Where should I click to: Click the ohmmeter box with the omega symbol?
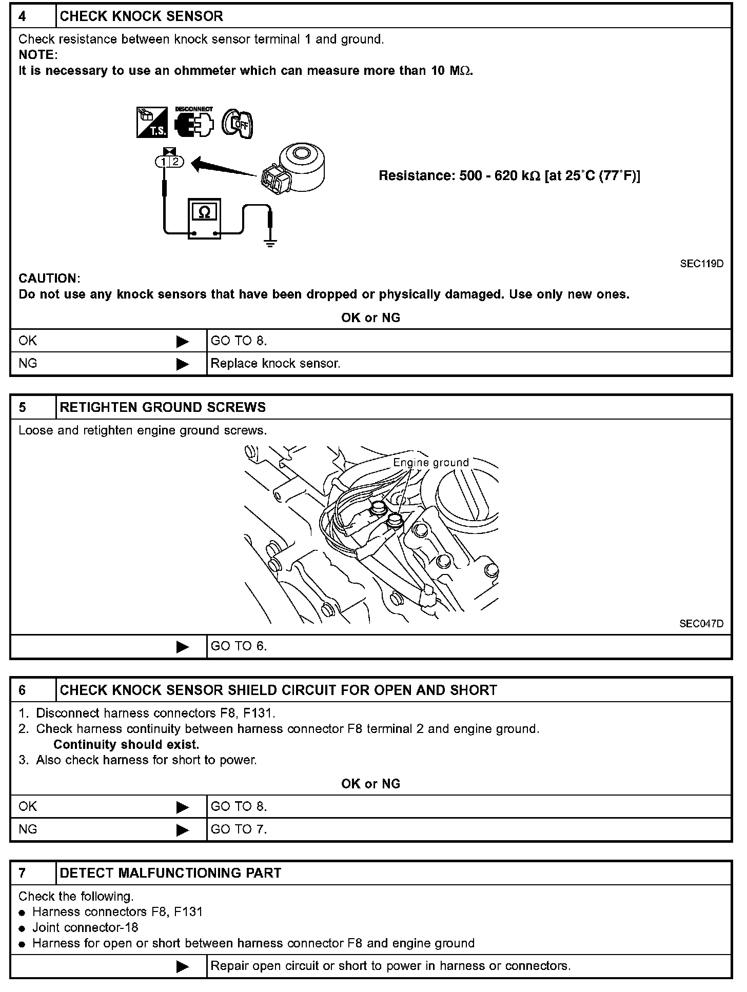pos(204,219)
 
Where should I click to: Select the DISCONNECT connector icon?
pos(194,123)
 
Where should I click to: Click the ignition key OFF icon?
pos(237,124)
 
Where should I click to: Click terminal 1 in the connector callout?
pos(163,162)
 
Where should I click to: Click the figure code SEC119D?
pos(701,264)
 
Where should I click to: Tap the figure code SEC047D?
pos(701,624)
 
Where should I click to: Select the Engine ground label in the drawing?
pos(430,462)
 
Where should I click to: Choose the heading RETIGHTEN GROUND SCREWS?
pos(163,407)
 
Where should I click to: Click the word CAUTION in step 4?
pos(49,279)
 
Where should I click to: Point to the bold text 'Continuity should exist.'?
pos(126,744)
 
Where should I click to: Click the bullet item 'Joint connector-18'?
pos(85,927)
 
